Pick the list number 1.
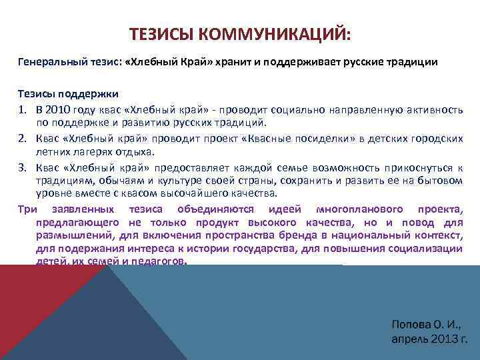point(22,109)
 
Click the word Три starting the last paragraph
point(27,209)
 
